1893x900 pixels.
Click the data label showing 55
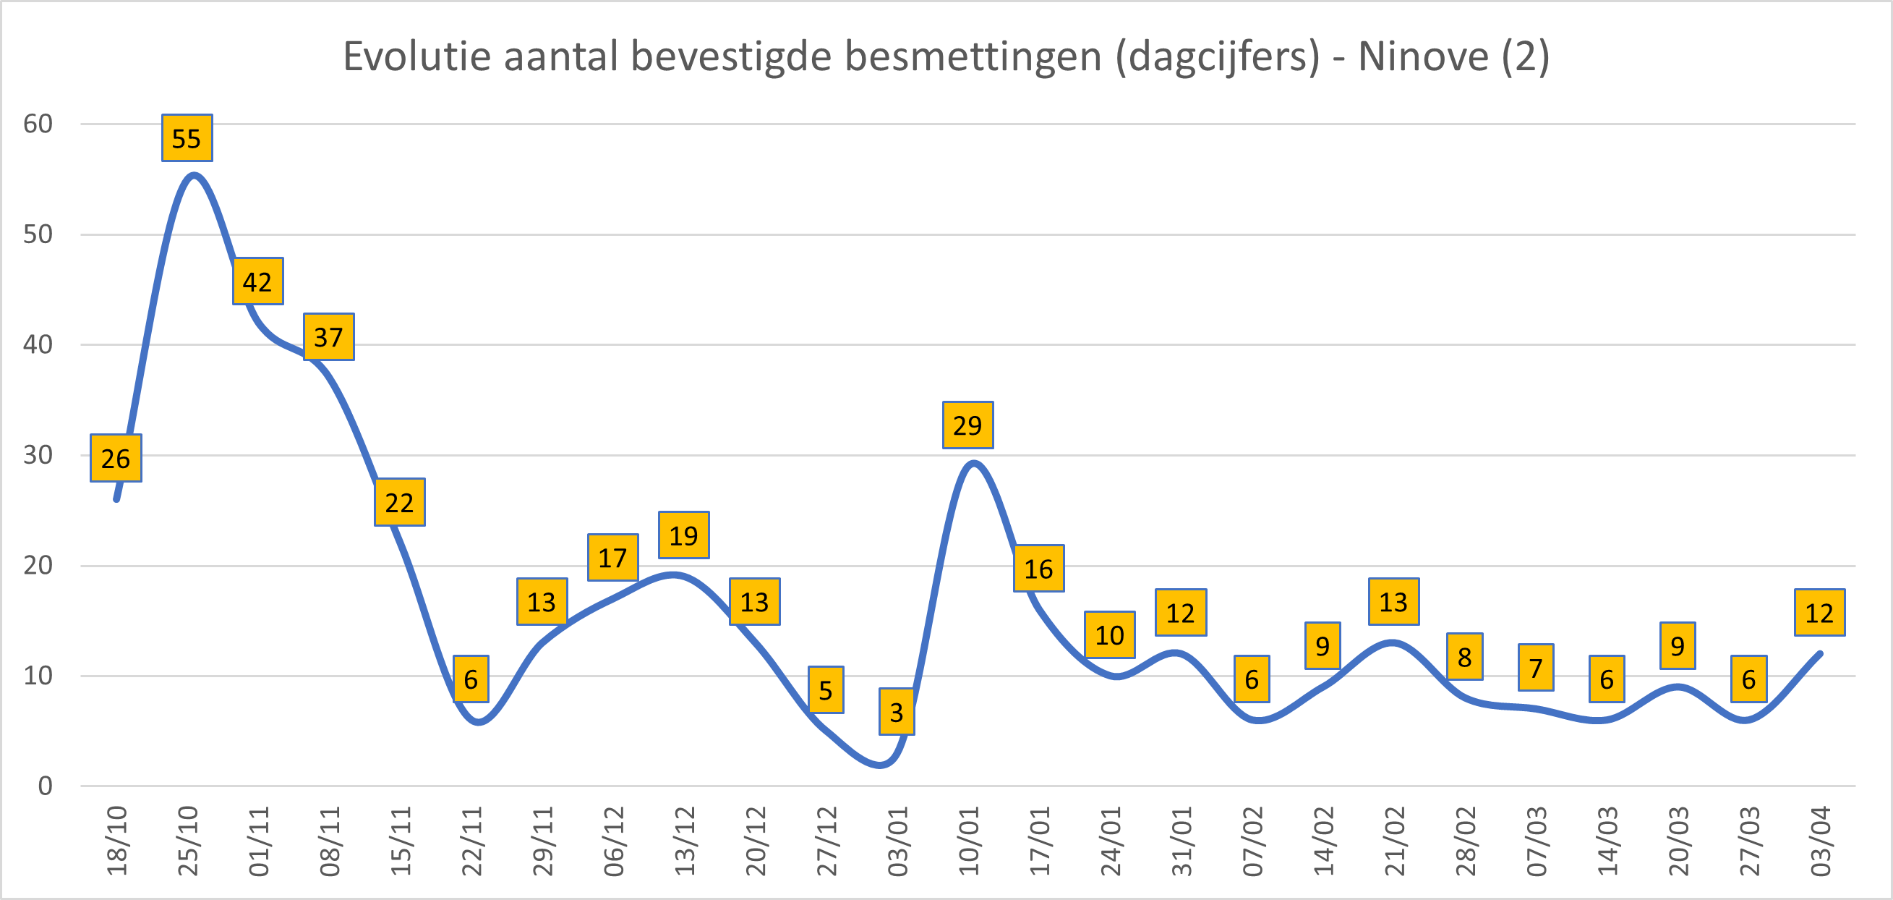pyautogui.click(x=187, y=138)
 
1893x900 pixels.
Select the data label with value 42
pyautogui.click(x=258, y=281)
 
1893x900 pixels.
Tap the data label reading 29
pyautogui.click(x=967, y=425)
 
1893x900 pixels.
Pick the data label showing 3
pyautogui.click(x=897, y=712)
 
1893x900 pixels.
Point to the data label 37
pyautogui.click(x=328, y=336)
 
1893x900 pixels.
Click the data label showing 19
pyautogui.click(x=683, y=535)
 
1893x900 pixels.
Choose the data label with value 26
pyautogui.click(x=116, y=458)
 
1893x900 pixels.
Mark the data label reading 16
pyautogui.click(x=1038, y=569)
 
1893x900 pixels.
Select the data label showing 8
pyautogui.click(x=1464, y=657)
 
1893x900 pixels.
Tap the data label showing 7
pyautogui.click(x=1536, y=668)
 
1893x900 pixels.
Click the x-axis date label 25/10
pyautogui.click(x=188, y=841)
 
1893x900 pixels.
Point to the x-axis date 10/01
pyautogui.click(x=968, y=841)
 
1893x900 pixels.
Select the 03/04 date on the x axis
pyautogui.click(x=1820, y=841)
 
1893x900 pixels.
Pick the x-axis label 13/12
pyautogui.click(x=685, y=841)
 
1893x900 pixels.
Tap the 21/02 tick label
pyautogui.click(x=1395, y=841)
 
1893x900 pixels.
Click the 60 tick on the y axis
pyautogui.click(x=38, y=124)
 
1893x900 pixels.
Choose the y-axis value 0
pyautogui.click(x=46, y=786)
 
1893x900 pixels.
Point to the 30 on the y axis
pyautogui.click(x=38, y=455)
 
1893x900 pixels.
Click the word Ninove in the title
pyautogui.click(x=1423, y=56)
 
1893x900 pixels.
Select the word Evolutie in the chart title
pyautogui.click(x=416, y=56)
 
